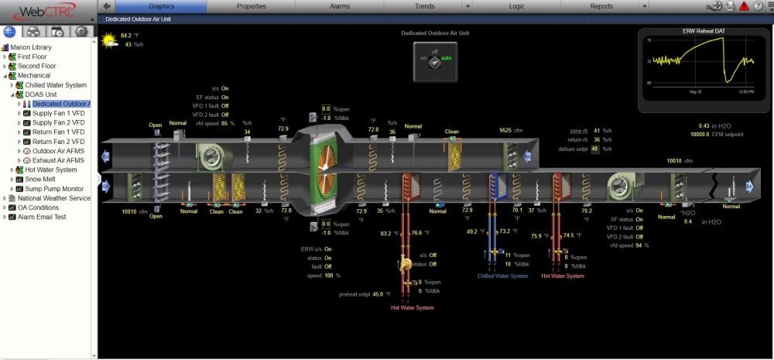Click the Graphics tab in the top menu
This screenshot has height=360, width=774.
[161, 6]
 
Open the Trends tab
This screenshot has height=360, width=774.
[424, 6]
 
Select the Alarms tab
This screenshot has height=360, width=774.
[340, 6]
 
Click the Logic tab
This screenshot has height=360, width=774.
[516, 6]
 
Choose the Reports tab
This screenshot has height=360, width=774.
[601, 6]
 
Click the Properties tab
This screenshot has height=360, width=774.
[252, 6]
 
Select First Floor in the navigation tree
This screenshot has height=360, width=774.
[33, 57]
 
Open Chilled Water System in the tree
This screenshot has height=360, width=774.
[56, 85]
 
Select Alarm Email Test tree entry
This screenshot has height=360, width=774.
[37, 217]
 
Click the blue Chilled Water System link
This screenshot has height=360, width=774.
[502, 276]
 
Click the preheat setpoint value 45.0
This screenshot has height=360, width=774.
[378, 294]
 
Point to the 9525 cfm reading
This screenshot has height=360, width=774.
[506, 131]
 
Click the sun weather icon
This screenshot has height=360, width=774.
[108, 39]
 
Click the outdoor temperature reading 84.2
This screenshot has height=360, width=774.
[125, 35]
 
